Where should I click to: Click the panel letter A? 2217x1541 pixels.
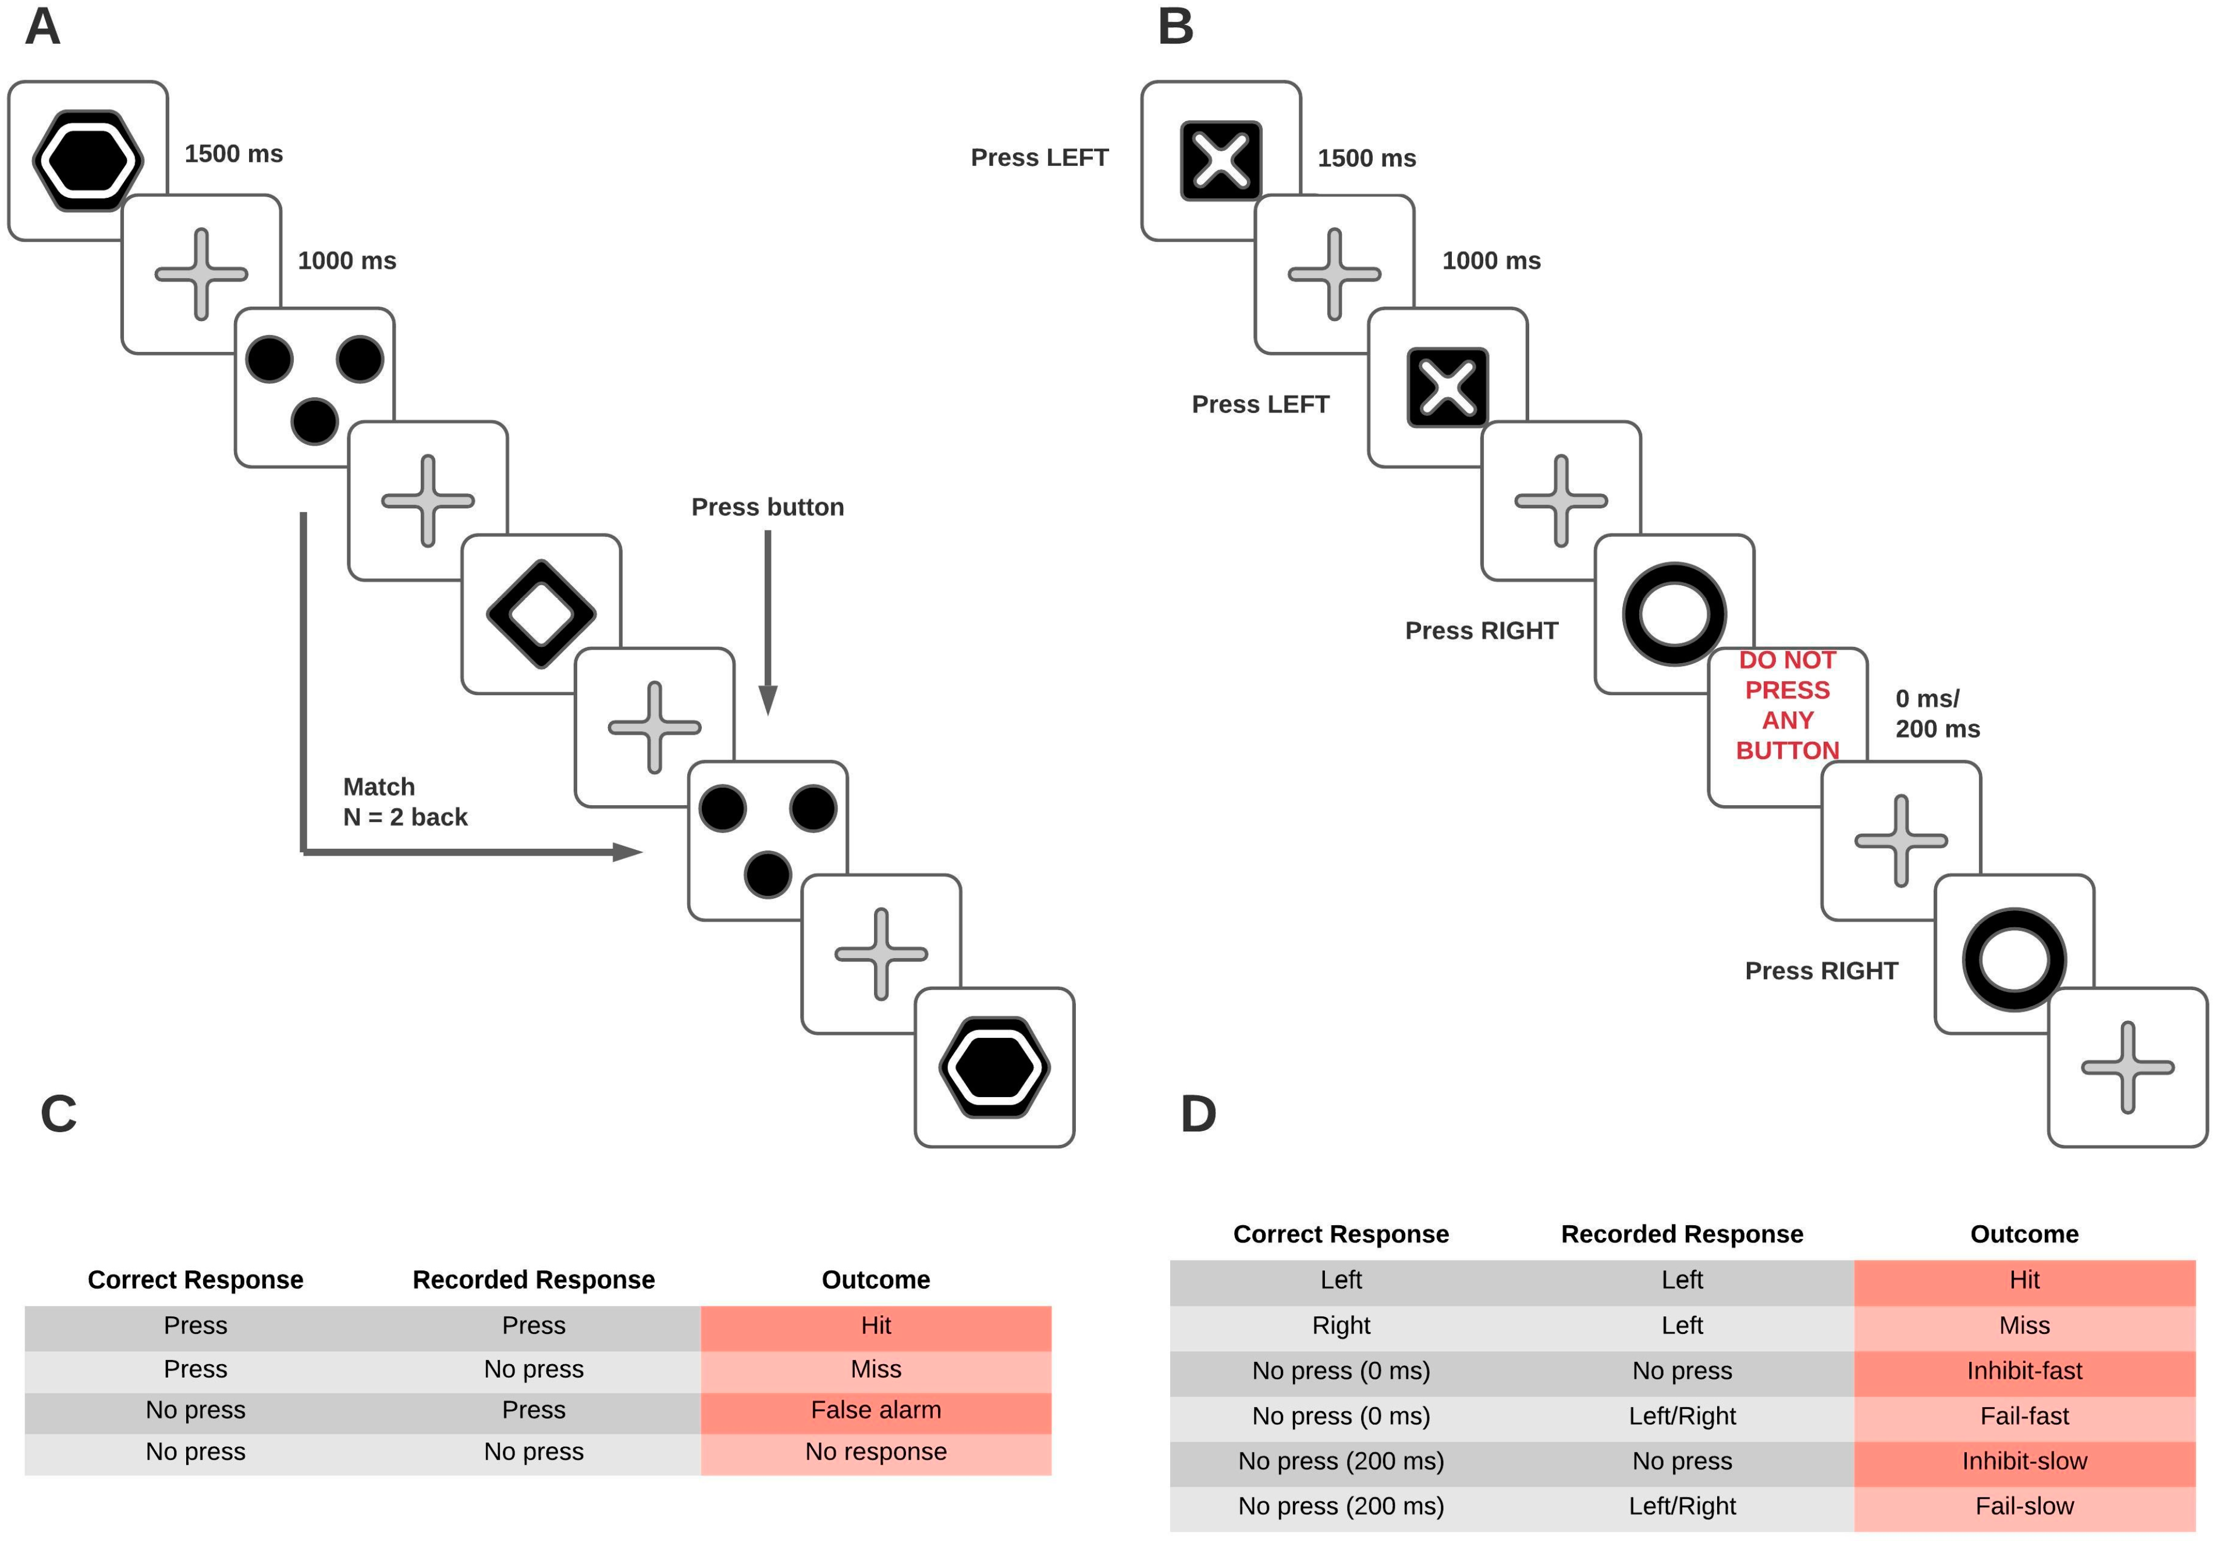point(42,27)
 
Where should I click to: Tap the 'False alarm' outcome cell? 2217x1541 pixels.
point(876,1411)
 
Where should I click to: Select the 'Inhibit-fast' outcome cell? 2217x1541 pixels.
point(2024,1371)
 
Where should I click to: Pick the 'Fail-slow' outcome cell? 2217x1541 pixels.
point(2024,1506)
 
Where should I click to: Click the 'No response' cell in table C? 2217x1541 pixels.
point(876,1452)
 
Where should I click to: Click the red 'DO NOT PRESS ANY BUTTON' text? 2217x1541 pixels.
point(1788,705)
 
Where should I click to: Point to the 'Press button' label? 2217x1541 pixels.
point(768,508)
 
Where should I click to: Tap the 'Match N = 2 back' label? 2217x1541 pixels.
point(404,802)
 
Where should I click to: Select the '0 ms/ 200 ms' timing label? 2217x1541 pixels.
point(1937,714)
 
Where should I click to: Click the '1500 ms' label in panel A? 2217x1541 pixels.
point(234,155)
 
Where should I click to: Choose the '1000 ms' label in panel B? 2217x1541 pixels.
point(1491,261)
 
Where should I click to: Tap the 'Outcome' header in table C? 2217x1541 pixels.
point(876,1280)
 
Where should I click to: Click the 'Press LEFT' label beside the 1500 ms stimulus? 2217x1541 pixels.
point(1039,158)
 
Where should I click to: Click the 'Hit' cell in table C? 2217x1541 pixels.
point(876,1326)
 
